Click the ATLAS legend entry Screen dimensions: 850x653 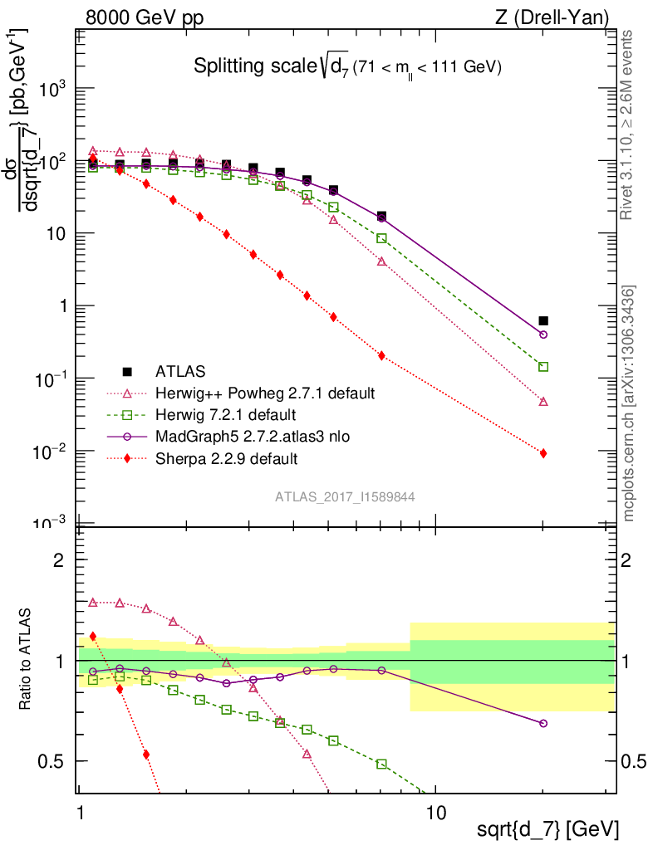coord(179,370)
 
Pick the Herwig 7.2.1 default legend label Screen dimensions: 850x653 coord(225,414)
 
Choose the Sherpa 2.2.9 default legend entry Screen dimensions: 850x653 coord(226,458)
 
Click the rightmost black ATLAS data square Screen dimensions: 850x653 coord(543,320)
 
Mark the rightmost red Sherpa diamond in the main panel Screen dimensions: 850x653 coord(543,453)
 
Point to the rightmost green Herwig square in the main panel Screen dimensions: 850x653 coord(543,367)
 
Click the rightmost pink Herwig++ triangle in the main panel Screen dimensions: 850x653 coord(543,402)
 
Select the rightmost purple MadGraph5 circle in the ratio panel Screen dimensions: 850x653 coord(543,724)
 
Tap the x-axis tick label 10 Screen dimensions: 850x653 coord(435,809)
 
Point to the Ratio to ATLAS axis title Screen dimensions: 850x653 coord(27,660)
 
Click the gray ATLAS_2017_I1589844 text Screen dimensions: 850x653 coord(345,496)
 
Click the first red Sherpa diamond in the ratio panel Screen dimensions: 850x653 coord(92,637)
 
